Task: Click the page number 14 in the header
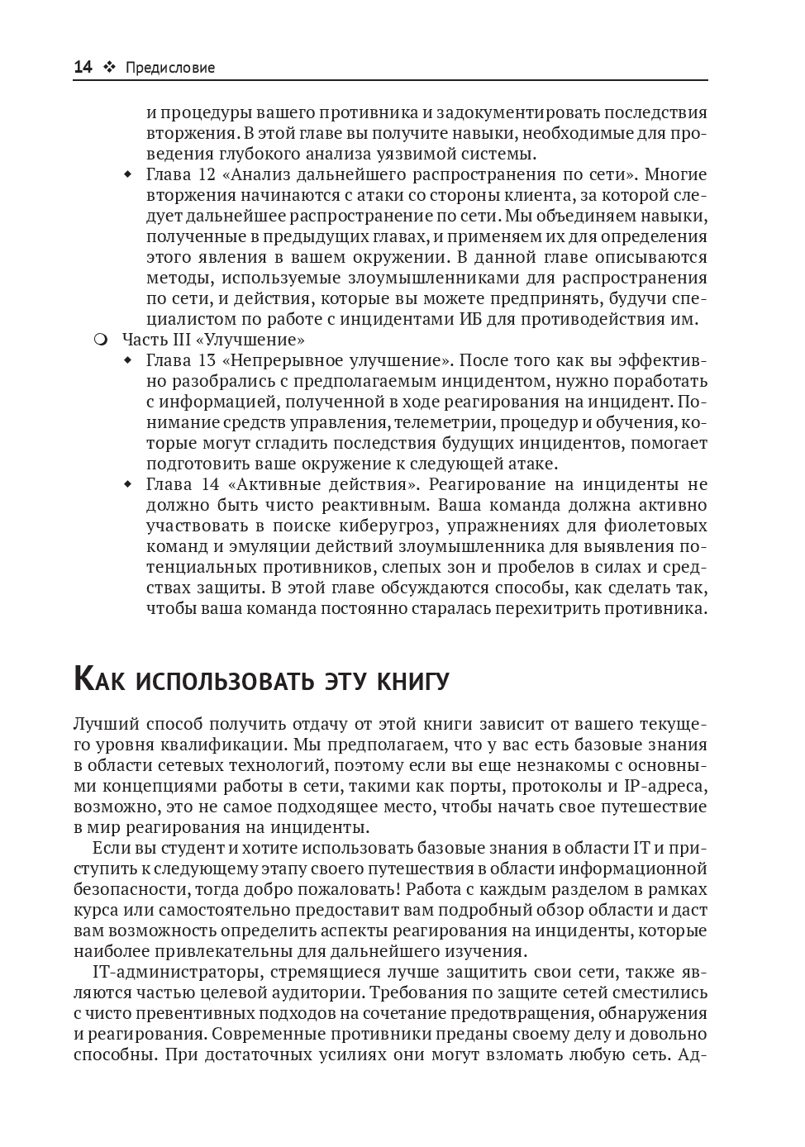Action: tap(83, 68)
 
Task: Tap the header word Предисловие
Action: tap(170, 68)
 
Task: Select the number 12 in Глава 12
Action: tap(207, 174)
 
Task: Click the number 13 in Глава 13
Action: tap(207, 360)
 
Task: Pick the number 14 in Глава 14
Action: tap(208, 484)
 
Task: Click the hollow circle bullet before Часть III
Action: tap(101, 340)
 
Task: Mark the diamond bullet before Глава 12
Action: tap(127, 175)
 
